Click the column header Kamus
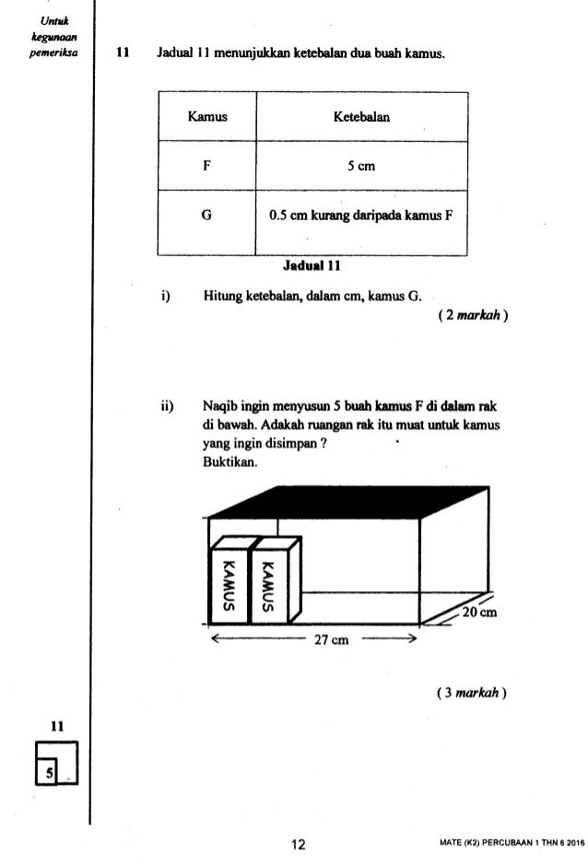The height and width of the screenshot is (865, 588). pyautogui.click(x=207, y=117)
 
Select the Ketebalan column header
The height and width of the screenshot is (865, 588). pyautogui.click(x=363, y=117)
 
